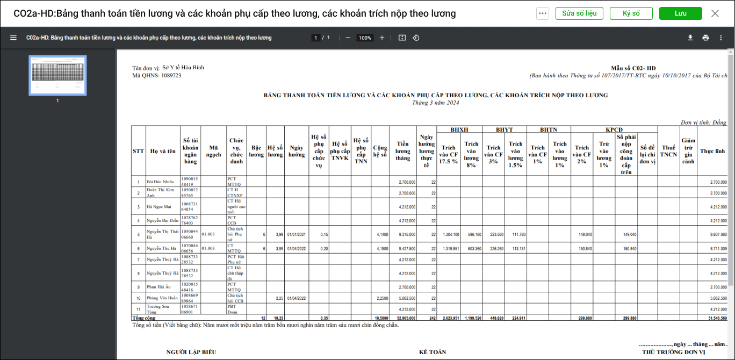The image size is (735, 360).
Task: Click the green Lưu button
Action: click(680, 13)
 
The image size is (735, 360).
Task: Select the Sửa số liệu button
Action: click(579, 13)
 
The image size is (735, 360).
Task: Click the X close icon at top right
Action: click(715, 13)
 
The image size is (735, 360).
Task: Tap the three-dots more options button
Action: click(542, 13)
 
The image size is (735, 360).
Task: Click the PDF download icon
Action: click(690, 38)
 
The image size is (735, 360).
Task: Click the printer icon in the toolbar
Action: click(705, 38)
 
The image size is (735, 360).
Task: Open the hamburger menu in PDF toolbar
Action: click(13, 38)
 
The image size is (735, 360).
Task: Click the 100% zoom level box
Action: click(365, 38)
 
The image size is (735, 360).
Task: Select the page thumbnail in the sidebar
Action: click(57, 75)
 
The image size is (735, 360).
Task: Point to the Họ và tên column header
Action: click(163, 151)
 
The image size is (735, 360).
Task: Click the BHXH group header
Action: click(459, 129)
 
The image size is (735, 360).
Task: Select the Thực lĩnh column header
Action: click(712, 151)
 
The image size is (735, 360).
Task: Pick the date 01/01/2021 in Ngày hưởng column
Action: click(296, 234)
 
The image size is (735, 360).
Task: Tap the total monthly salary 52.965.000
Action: click(406, 318)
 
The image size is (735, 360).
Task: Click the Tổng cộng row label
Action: click(144, 318)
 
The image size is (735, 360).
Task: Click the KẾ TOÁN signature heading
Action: click(433, 352)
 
